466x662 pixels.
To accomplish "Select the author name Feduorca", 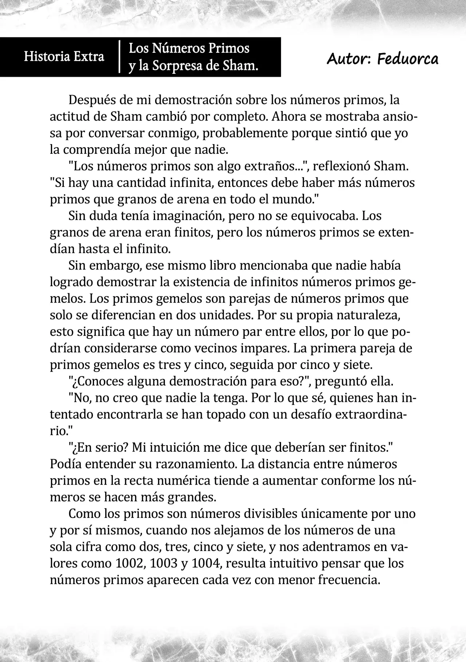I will coord(408,59).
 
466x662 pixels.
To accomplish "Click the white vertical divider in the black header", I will coord(119,57).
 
